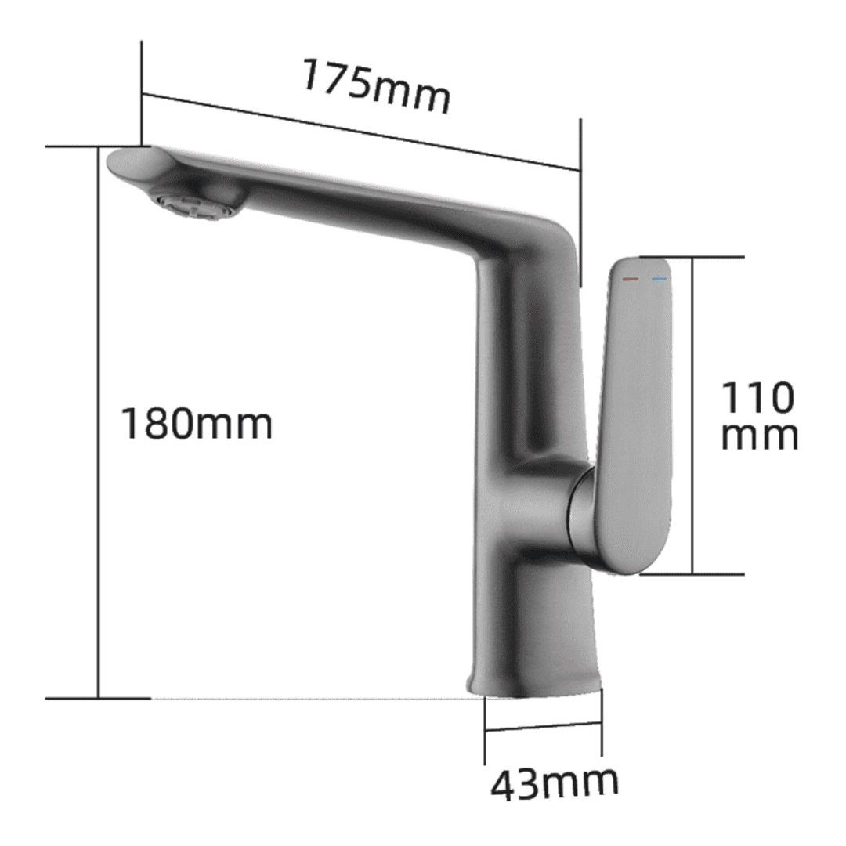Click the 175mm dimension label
(x=375, y=86)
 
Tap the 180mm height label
(x=197, y=424)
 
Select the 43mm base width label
(x=555, y=783)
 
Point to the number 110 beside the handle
(x=757, y=398)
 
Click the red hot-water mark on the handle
(x=630, y=279)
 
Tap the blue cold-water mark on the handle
(x=659, y=279)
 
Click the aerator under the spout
(x=198, y=203)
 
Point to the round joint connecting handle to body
(x=581, y=512)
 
